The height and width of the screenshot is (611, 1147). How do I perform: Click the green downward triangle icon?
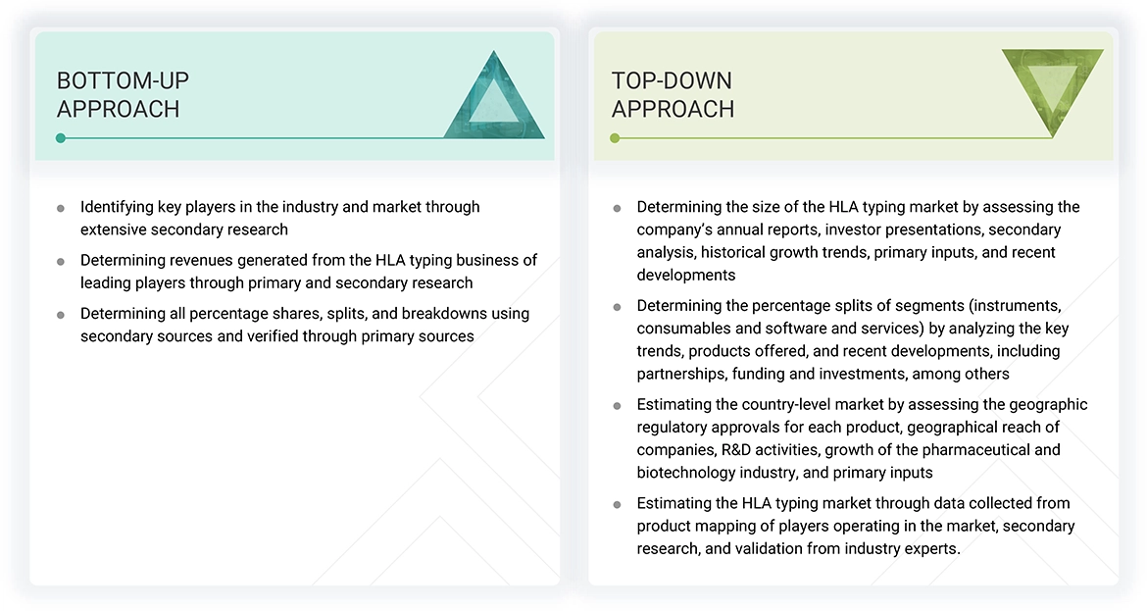[1052, 92]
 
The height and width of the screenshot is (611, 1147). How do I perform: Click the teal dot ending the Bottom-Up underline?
[61, 138]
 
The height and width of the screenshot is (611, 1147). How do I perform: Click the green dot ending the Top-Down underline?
[615, 138]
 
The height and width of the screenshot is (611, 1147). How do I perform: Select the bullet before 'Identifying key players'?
[61, 208]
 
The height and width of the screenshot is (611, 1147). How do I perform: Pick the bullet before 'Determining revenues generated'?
[61, 261]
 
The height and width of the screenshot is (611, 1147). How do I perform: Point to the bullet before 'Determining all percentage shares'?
[61, 315]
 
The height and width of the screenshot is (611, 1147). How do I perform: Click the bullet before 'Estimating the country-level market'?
[617, 405]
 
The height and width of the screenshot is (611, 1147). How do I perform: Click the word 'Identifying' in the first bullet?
[117, 207]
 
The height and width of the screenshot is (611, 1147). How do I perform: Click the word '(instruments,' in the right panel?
[1014, 306]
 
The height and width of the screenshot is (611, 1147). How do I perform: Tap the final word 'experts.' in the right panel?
[931, 548]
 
